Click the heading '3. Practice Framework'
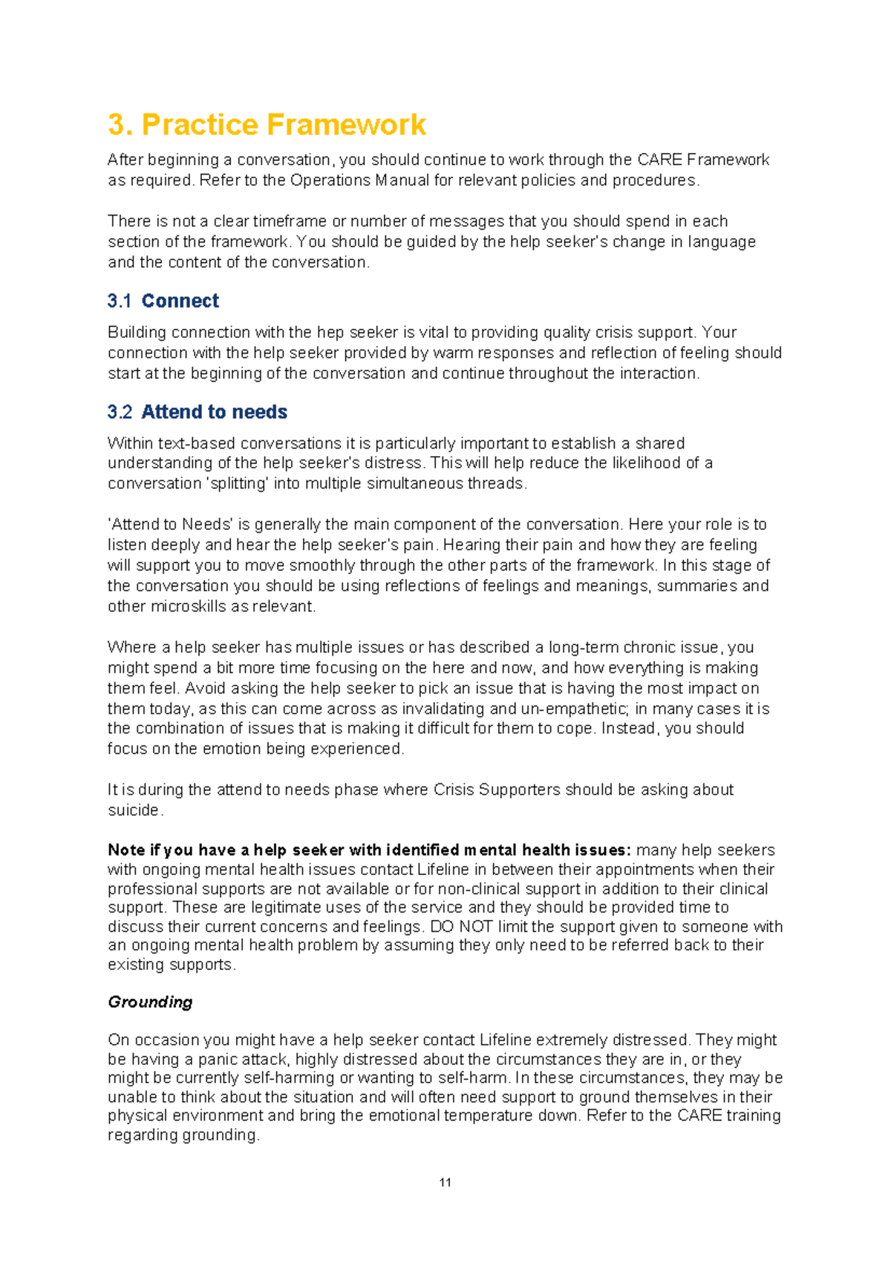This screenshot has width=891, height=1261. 267,125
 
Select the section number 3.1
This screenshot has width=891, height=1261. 119,301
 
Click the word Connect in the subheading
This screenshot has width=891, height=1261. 180,301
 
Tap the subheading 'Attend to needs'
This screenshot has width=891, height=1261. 215,412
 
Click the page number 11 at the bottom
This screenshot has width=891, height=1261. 446,1182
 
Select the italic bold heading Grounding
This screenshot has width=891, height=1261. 150,1002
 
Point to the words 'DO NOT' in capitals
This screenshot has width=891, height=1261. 461,927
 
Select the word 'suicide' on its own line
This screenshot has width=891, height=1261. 134,810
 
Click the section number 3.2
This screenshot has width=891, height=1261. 120,412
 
